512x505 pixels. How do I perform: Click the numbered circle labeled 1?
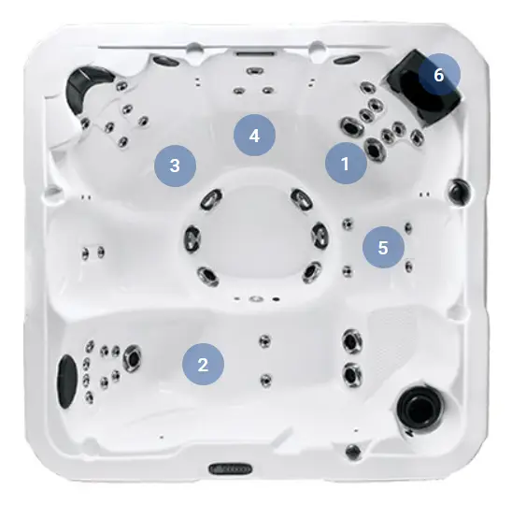346,163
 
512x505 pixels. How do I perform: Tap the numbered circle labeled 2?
203,364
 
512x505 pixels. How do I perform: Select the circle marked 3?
175,166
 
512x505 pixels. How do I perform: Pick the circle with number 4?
254,135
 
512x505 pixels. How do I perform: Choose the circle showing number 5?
383,247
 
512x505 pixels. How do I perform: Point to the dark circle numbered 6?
439,75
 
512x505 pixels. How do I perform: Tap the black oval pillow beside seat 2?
67,382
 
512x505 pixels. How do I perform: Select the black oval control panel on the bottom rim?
231,469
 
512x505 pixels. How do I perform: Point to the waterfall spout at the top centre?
255,53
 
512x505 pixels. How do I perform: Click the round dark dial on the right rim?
460,191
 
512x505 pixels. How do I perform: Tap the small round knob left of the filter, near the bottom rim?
353,452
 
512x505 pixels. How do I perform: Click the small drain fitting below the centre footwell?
256,298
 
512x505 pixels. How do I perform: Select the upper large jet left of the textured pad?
352,341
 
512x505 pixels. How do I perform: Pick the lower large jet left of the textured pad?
351,375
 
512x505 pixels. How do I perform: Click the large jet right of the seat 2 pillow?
132,358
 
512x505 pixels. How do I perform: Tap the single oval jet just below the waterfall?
255,70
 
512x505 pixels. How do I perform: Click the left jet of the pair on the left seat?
85,253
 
